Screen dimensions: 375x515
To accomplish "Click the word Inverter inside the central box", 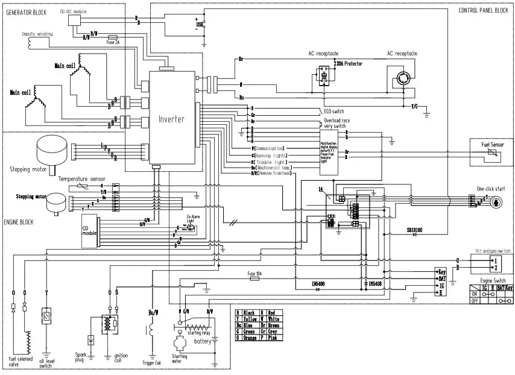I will point(171,119).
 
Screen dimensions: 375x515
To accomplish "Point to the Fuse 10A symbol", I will point(254,279).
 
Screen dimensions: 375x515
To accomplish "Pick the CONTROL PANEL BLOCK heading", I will point(483,10).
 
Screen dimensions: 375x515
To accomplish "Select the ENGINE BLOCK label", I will point(19,222).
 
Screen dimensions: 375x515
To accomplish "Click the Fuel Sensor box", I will point(492,150).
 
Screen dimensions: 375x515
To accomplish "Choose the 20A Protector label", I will point(349,63).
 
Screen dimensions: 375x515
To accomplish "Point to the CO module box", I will point(89,232).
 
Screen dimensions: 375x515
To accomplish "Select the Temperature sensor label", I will point(81,179).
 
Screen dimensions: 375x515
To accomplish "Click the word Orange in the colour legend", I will point(249,338).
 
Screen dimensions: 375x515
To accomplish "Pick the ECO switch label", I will point(333,112).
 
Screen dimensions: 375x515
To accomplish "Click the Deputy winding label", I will point(37,34).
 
